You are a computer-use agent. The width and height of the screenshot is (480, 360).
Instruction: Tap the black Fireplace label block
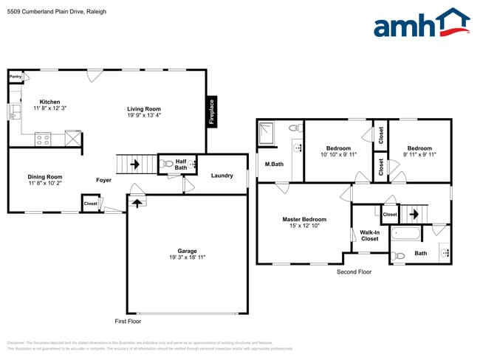[211, 112]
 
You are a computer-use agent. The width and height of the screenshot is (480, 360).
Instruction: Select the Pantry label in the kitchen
[15, 76]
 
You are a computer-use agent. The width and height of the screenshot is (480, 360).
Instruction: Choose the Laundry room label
[222, 175]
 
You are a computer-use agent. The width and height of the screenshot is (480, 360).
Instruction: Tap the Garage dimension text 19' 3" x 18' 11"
[186, 257]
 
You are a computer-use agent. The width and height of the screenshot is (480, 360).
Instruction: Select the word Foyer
[104, 179]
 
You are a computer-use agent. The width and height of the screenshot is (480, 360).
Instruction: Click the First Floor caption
[129, 322]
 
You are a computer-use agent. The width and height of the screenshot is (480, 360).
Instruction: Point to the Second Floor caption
[354, 271]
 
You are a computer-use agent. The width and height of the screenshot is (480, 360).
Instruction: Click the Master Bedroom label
[304, 219]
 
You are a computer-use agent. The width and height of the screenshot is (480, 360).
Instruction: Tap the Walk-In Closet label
[369, 235]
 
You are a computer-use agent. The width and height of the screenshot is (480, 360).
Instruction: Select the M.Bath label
[275, 164]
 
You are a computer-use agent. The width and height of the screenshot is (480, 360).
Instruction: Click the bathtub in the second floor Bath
[406, 234]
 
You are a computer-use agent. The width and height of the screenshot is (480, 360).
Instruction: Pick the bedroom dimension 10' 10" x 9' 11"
[337, 155]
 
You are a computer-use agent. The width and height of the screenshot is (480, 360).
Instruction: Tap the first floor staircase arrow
[134, 164]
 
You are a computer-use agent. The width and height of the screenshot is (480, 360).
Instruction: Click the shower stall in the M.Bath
[266, 135]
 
